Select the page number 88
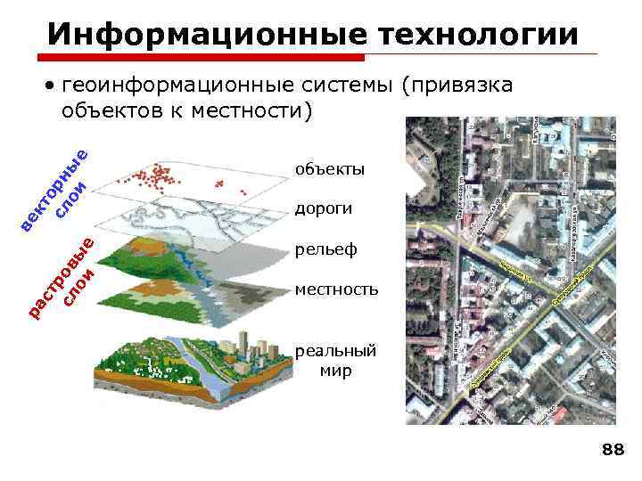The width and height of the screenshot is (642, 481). point(613,451)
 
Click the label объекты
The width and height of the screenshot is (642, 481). point(330,169)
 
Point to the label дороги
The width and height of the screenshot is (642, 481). point(324,209)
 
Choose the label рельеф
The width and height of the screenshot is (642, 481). point(325,249)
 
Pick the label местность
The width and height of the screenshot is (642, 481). point(336,289)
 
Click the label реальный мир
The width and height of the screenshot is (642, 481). point(335,361)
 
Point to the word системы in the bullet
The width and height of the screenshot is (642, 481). point(340,86)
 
